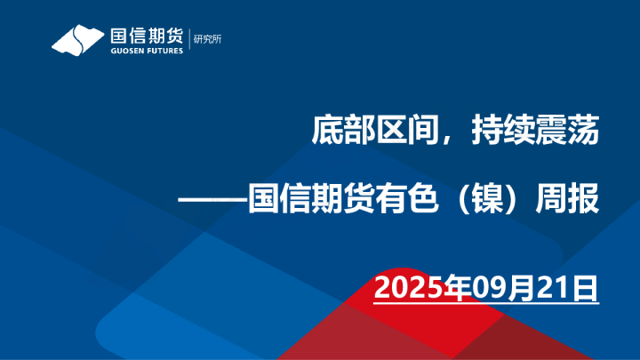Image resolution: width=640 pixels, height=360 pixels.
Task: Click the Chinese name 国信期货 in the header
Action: tap(146, 36)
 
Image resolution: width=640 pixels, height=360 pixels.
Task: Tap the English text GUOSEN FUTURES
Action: tap(146, 51)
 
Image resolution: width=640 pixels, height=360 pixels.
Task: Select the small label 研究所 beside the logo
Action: tap(207, 40)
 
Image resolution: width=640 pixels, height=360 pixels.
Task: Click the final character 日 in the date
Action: tap(583, 289)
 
